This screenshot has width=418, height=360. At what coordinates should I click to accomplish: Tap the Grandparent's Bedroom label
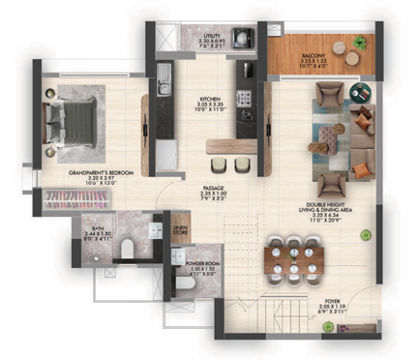pos(94,177)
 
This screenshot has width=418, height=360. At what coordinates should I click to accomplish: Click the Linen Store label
pos(179,228)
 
